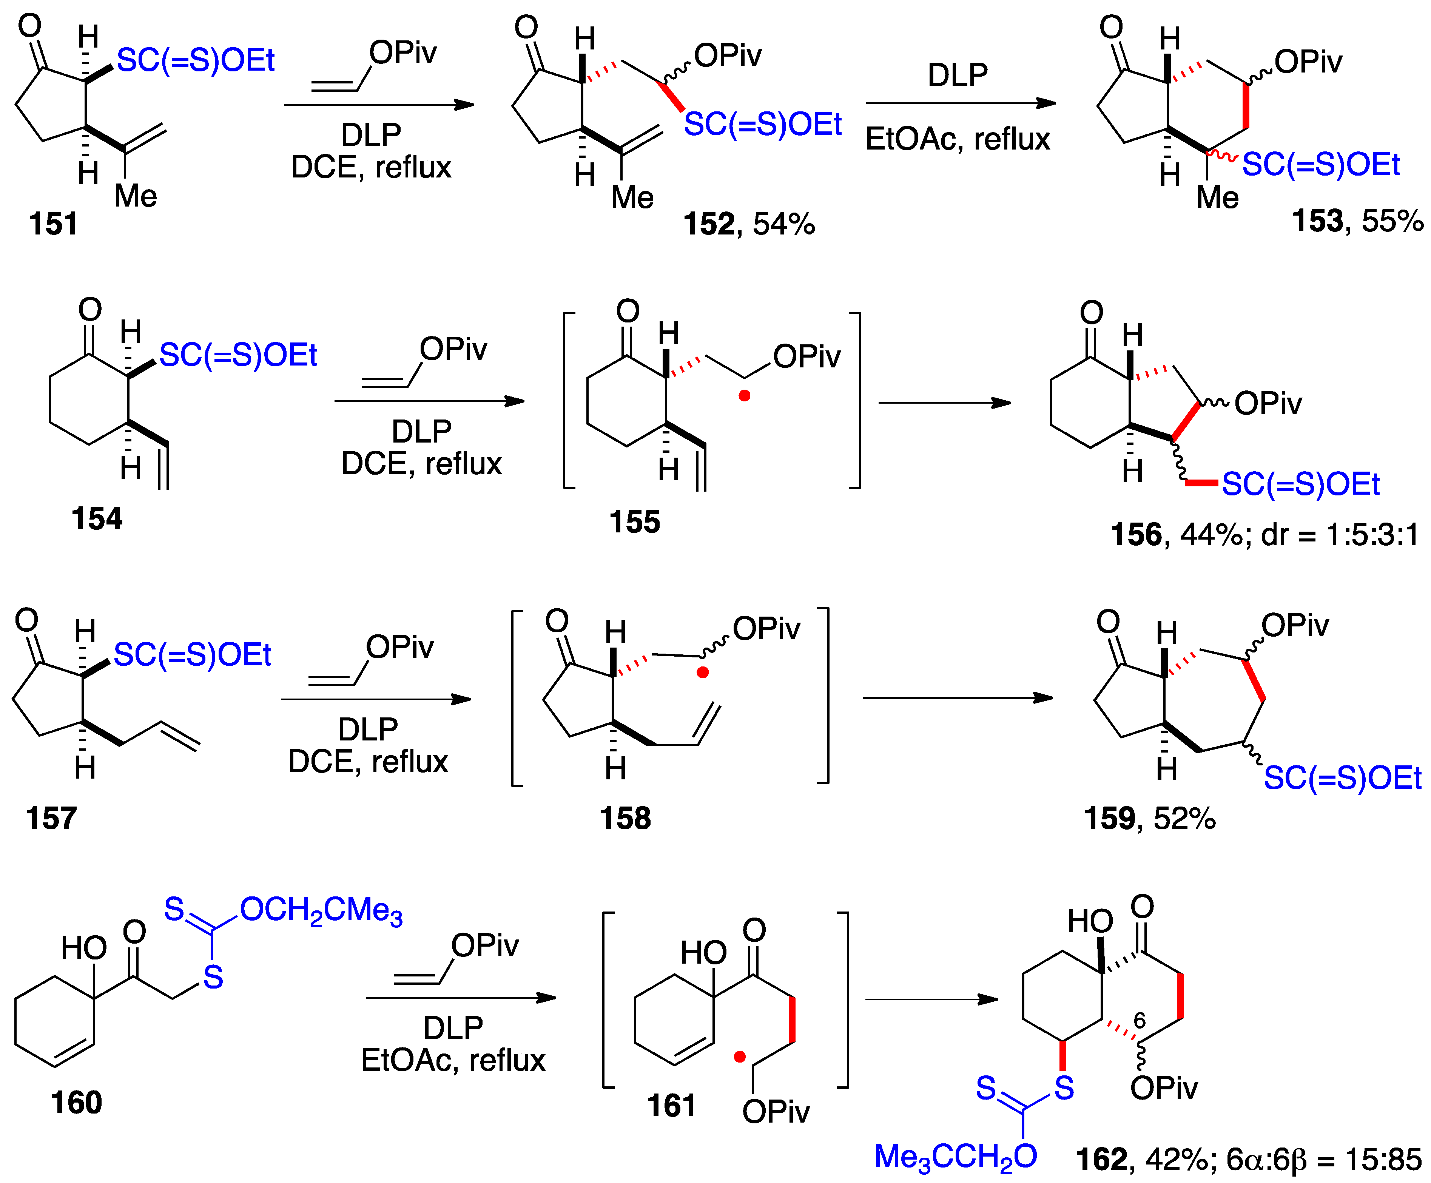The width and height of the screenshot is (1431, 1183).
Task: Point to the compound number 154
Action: point(97,518)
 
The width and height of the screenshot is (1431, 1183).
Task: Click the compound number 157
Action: point(51,818)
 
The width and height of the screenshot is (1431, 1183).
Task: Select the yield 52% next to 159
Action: point(1184,818)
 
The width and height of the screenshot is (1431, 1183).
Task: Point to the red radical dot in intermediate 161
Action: point(739,1057)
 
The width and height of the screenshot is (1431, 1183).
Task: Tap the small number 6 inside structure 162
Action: point(1140,1020)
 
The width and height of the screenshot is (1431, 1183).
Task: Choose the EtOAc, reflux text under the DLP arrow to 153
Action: point(958,139)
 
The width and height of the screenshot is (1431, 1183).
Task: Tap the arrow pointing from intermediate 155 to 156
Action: point(944,403)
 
